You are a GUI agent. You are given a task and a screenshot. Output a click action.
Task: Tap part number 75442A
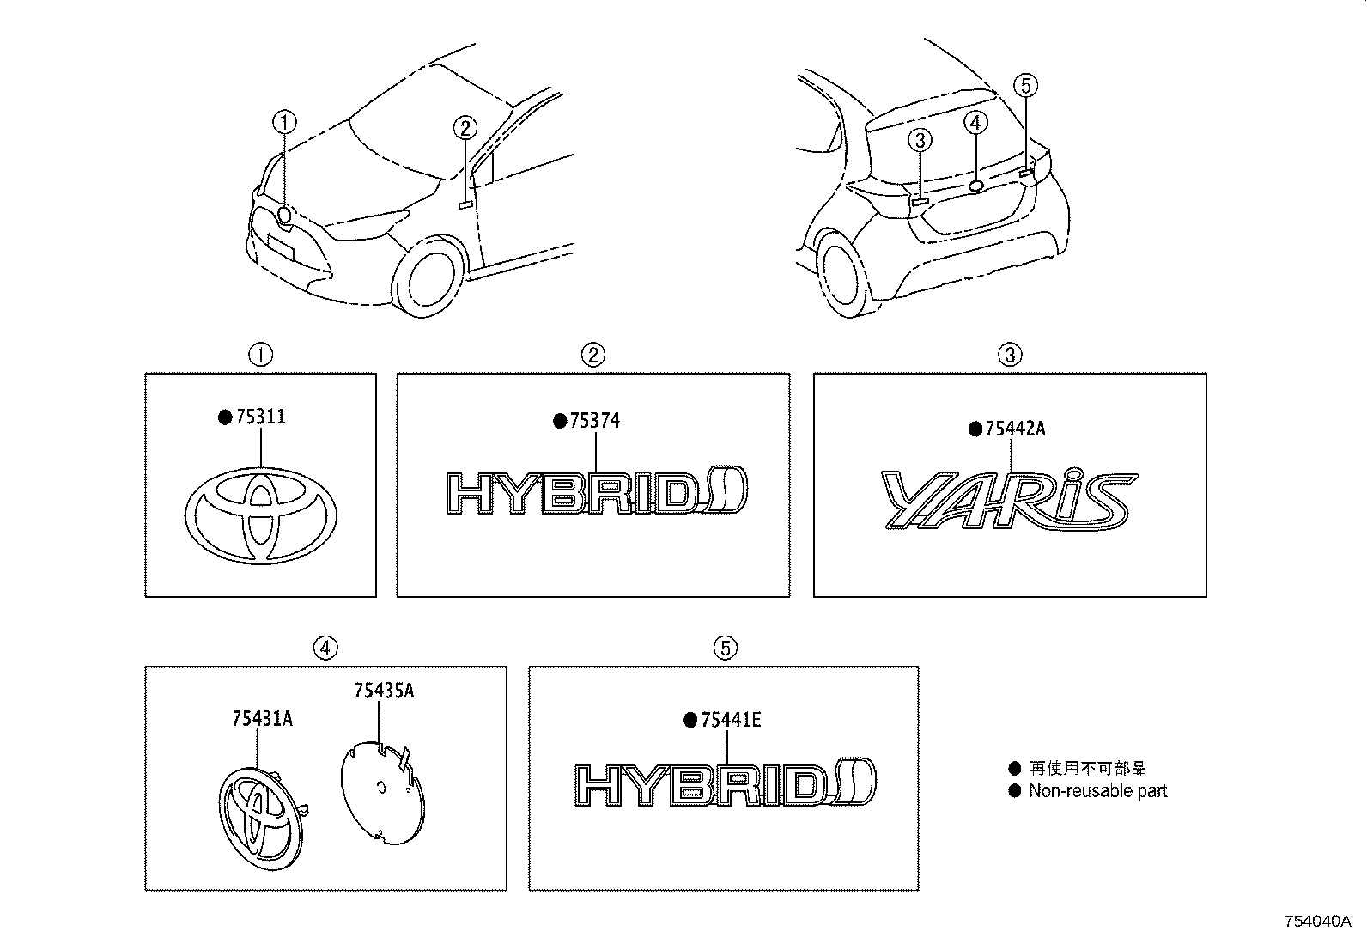1013,429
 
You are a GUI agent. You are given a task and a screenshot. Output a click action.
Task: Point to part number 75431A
262,718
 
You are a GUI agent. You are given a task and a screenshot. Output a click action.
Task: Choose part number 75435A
383,691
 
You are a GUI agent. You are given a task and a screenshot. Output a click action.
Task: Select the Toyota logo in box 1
261,515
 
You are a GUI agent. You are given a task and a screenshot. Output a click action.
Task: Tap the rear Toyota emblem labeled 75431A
258,812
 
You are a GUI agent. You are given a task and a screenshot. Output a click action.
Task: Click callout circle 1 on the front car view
284,122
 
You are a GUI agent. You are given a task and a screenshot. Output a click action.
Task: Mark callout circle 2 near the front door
465,129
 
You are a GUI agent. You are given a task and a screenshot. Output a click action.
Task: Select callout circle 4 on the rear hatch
975,123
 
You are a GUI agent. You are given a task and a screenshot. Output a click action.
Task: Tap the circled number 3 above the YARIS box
1010,354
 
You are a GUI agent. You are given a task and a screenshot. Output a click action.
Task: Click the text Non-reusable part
1097,791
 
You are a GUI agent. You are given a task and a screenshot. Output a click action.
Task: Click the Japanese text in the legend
1087,769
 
